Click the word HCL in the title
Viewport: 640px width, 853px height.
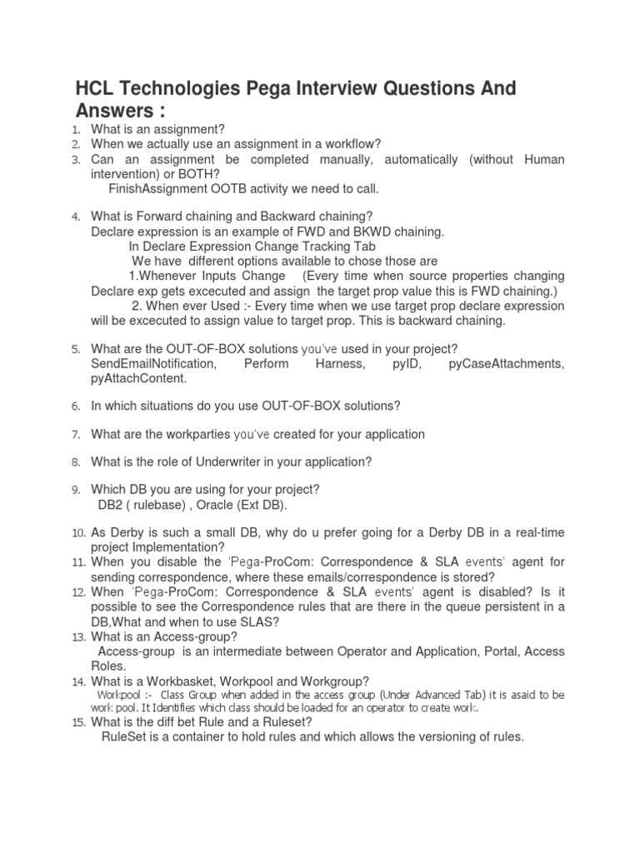(97, 88)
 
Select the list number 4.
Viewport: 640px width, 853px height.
(75, 217)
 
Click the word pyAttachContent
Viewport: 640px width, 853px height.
(138, 379)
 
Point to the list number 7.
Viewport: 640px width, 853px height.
(75, 434)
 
